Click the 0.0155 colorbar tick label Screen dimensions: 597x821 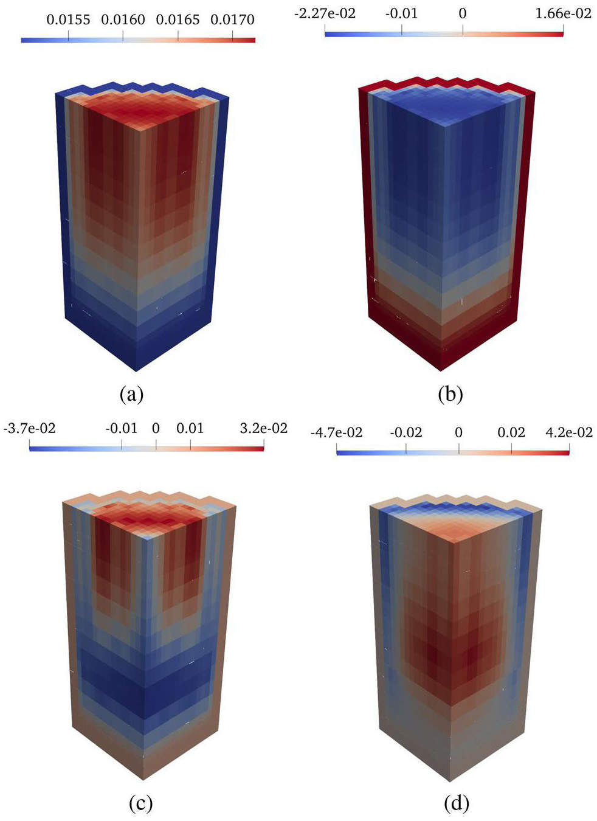(68, 20)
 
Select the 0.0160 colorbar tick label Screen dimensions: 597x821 (123, 20)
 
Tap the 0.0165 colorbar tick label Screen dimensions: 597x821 (178, 20)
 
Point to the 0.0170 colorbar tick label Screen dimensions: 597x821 (232, 20)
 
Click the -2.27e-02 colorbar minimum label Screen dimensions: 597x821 (325, 14)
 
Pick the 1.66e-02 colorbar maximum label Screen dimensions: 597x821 (564, 14)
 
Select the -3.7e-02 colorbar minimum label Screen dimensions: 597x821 (29, 428)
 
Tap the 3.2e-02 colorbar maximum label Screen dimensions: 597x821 (263, 428)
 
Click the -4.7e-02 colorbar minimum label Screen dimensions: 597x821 (336, 432)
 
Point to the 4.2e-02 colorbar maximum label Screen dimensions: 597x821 (569, 432)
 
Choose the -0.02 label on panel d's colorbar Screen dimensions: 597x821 (405, 432)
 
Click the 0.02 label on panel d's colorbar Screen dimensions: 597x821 (511, 432)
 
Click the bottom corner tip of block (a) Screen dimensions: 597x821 (136, 372)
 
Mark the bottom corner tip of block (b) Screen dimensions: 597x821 (441, 371)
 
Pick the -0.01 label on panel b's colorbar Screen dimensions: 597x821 (402, 14)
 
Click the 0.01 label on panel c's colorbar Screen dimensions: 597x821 (190, 428)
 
